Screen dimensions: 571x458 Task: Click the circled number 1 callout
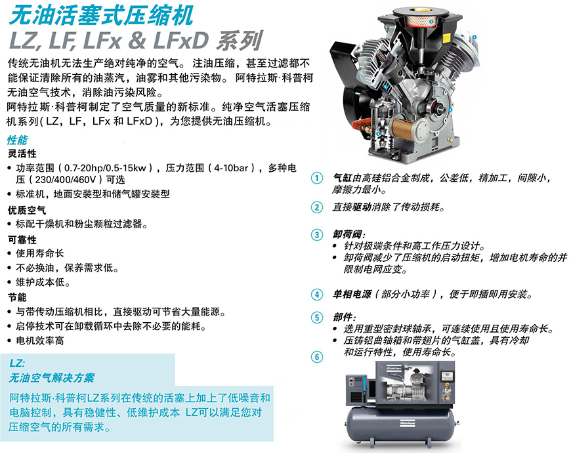(x=317, y=178)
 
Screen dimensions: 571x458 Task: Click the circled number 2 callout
(x=317, y=207)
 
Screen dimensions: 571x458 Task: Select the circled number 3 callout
(x=317, y=235)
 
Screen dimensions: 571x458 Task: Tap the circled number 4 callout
(x=317, y=295)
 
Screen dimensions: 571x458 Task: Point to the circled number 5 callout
(x=317, y=318)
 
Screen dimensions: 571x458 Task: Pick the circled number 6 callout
(x=317, y=357)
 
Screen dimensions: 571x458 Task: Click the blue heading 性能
(x=17, y=140)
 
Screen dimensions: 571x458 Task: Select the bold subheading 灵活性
(x=22, y=154)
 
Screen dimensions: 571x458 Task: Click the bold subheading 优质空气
(x=27, y=211)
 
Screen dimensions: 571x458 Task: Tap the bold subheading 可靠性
(x=22, y=240)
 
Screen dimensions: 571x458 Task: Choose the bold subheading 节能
(x=18, y=297)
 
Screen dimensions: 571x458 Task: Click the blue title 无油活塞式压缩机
(x=101, y=16)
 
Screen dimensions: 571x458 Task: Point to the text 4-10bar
(x=231, y=168)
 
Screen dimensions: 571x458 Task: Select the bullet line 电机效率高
(x=39, y=341)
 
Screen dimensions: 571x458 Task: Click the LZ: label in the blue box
(x=17, y=363)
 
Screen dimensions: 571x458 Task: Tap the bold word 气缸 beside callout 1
(x=343, y=178)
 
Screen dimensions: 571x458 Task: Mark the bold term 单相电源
(x=352, y=294)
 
